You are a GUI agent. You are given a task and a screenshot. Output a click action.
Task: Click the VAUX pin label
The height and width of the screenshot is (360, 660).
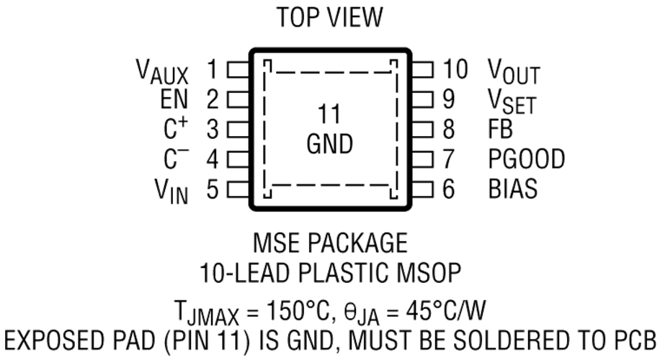(x=162, y=71)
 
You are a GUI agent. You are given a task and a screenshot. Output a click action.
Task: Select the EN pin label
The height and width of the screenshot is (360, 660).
(x=174, y=99)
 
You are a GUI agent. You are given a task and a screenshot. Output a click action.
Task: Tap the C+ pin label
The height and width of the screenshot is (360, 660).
(x=176, y=128)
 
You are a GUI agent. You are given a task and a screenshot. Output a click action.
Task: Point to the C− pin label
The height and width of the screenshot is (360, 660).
(x=176, y=158)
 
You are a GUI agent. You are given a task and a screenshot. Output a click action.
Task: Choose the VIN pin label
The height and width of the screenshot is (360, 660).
(x=171, y=191)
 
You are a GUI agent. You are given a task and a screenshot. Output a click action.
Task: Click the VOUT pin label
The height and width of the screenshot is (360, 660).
(x=514, y=71)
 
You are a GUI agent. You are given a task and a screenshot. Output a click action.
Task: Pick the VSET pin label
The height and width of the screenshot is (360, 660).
(x=512, y=102)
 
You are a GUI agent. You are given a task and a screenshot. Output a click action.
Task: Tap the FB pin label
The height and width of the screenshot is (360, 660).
(x=500, y=129)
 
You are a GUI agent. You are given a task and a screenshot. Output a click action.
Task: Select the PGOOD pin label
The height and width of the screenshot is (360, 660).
(x=526, y=159)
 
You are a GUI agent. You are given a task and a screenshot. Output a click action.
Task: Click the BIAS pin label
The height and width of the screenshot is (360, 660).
(x=513, y=189)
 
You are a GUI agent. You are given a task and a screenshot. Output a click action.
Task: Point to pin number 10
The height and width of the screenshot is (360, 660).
(x=455, y=69)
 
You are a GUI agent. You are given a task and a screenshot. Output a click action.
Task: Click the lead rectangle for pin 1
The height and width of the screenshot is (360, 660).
(x=238, y=70)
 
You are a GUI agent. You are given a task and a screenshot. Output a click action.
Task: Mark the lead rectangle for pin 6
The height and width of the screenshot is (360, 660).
(x=422, y=189)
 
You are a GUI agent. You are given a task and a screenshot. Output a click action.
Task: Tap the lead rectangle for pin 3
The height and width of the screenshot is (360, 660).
(x=238, y=130)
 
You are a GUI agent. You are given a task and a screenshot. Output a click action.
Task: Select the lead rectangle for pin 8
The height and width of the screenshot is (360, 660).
(x=422, y=130)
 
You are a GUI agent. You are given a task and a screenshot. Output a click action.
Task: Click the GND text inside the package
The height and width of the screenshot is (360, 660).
(x=329, y=144)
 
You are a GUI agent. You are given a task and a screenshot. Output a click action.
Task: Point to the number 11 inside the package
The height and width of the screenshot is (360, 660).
(x=329, y=114)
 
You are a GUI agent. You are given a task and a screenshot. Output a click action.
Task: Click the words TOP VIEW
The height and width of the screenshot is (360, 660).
(x=330, y=17)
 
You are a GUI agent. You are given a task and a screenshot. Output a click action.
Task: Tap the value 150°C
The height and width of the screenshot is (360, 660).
(x=297, y=311)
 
